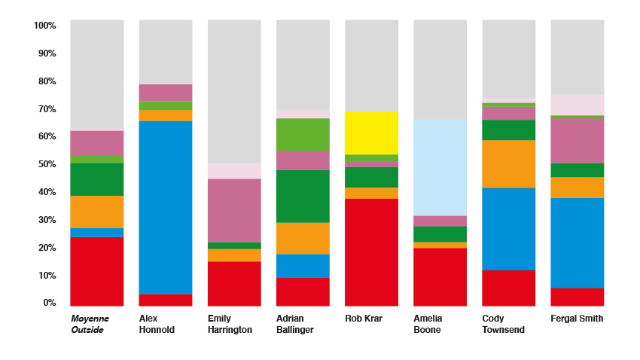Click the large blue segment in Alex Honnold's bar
[166, 207]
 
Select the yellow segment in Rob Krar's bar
[371, 133]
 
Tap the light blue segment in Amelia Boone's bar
[440, 167]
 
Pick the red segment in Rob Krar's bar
[371, 252]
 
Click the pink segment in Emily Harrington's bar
[234, 210]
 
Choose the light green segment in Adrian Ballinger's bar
[303, 135]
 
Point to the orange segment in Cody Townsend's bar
[508, 163]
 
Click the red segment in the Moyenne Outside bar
[97, 271]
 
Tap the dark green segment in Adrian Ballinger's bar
[303, 196]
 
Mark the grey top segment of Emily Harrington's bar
[234, 91]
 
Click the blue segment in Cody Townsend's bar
[508, 229]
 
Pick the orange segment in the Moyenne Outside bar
[97, 212]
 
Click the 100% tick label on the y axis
[45, 26]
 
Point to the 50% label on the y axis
[47, 164]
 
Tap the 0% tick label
[50, 303]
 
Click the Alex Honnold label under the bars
[157, 324]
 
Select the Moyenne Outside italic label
[90, 324]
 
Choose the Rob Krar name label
[364, 319]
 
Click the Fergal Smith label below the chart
[577, 319]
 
